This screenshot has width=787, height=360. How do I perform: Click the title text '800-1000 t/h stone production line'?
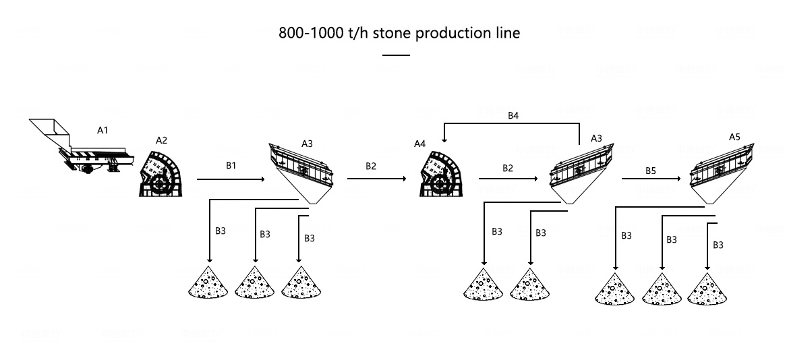tap(399, 33)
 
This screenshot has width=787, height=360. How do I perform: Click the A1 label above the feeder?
tap(103, 130)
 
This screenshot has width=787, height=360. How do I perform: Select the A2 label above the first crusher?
tap(161, 140)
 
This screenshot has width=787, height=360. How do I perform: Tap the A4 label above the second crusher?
tap(420, 143)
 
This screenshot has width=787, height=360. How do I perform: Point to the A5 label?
tap(734, 136)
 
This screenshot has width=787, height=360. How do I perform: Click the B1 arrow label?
tap(231, 165)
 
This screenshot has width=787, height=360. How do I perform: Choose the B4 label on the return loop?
tap(513, 115)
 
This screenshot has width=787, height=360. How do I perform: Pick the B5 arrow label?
tap(650, 171)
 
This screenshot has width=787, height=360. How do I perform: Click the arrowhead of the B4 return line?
tap(444, 140)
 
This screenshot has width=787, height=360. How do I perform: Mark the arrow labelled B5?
tap(651, 179)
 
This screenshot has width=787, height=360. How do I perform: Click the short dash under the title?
tap(396, 55)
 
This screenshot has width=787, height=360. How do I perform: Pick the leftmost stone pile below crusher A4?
tap(484, 284)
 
